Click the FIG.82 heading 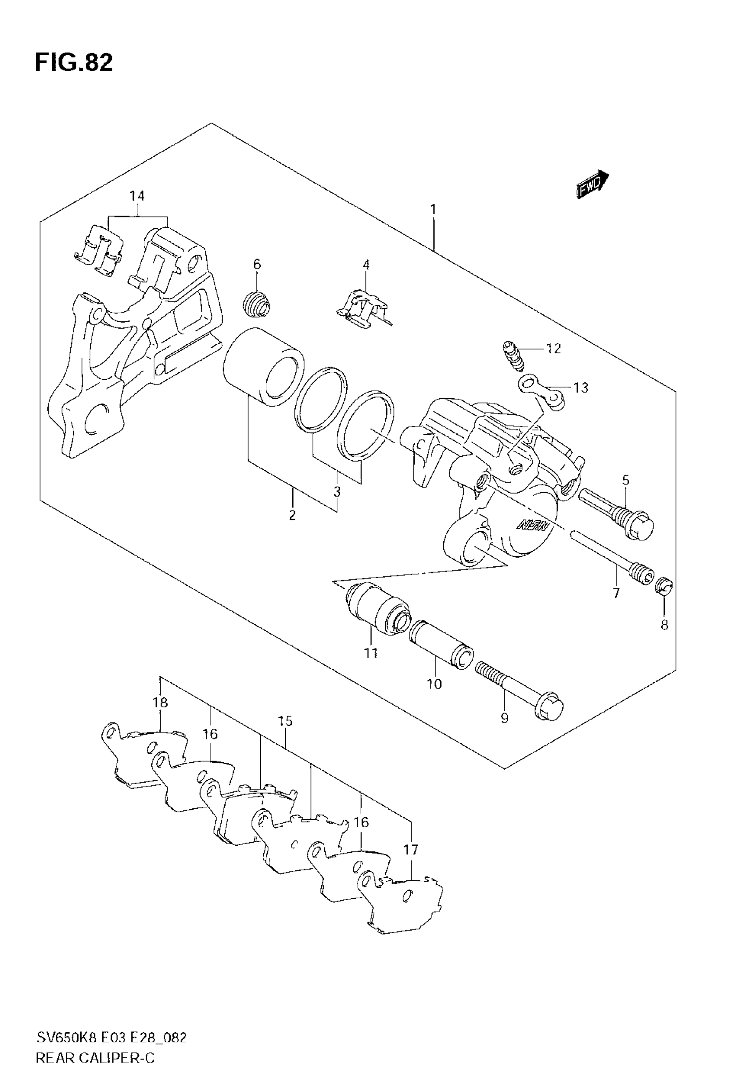click(74, 63)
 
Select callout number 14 click(137, 196)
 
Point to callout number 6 click(257, 264)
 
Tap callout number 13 click(581, 388)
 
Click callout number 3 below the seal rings click(337, 491)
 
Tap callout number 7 click(616, 593)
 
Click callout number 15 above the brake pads click(285, 721)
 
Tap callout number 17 click(411, 849)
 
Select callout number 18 click(160, 702)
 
